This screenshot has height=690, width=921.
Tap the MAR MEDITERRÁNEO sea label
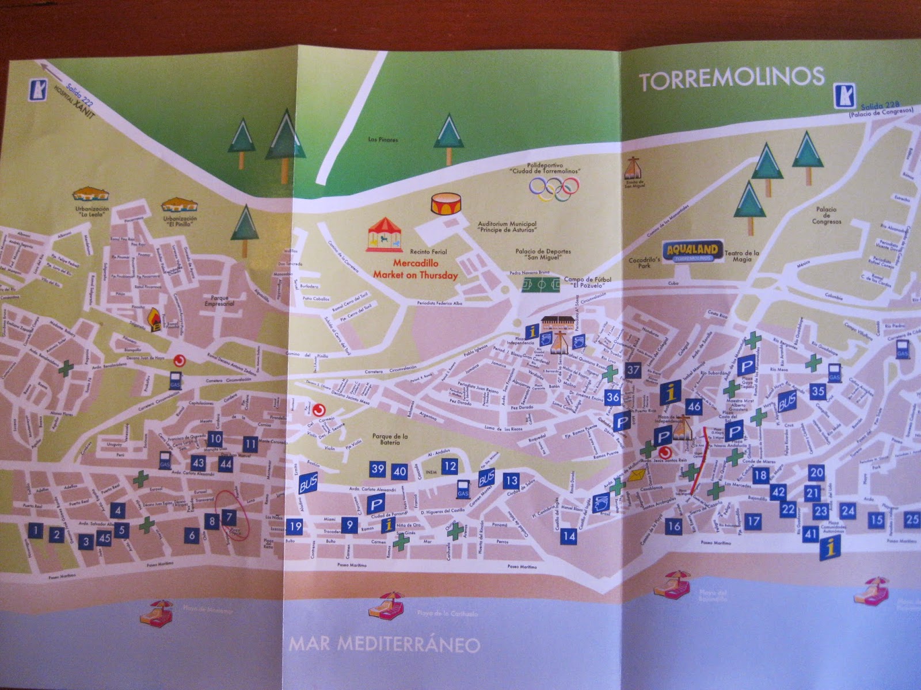[383, 643]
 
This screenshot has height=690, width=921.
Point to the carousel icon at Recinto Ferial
[385, 235]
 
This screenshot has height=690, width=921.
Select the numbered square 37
[633, 370]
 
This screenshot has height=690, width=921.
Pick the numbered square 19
[295, 526]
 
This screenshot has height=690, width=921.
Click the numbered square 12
[450, 466]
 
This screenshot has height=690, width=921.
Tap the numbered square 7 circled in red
[229, 517]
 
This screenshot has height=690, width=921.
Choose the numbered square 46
[694, 407]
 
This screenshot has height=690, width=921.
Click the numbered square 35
[817, 391]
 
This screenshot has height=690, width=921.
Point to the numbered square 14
[569, 536]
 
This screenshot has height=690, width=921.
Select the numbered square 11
[250, 444]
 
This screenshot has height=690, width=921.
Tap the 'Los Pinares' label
[383, 140]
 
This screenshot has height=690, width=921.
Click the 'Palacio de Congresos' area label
[826, 215]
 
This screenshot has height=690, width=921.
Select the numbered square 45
[104, 538]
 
